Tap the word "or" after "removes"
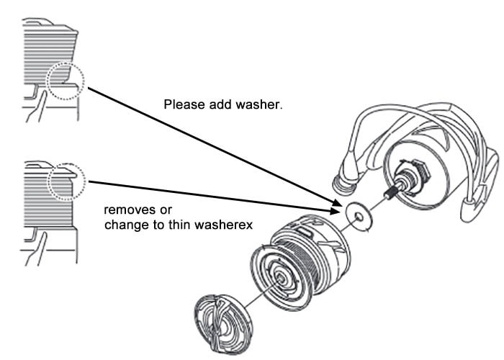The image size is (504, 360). tap(165, 210)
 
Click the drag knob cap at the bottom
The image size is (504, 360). tap(222, 324)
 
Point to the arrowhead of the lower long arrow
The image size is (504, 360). tap(335, 211)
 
